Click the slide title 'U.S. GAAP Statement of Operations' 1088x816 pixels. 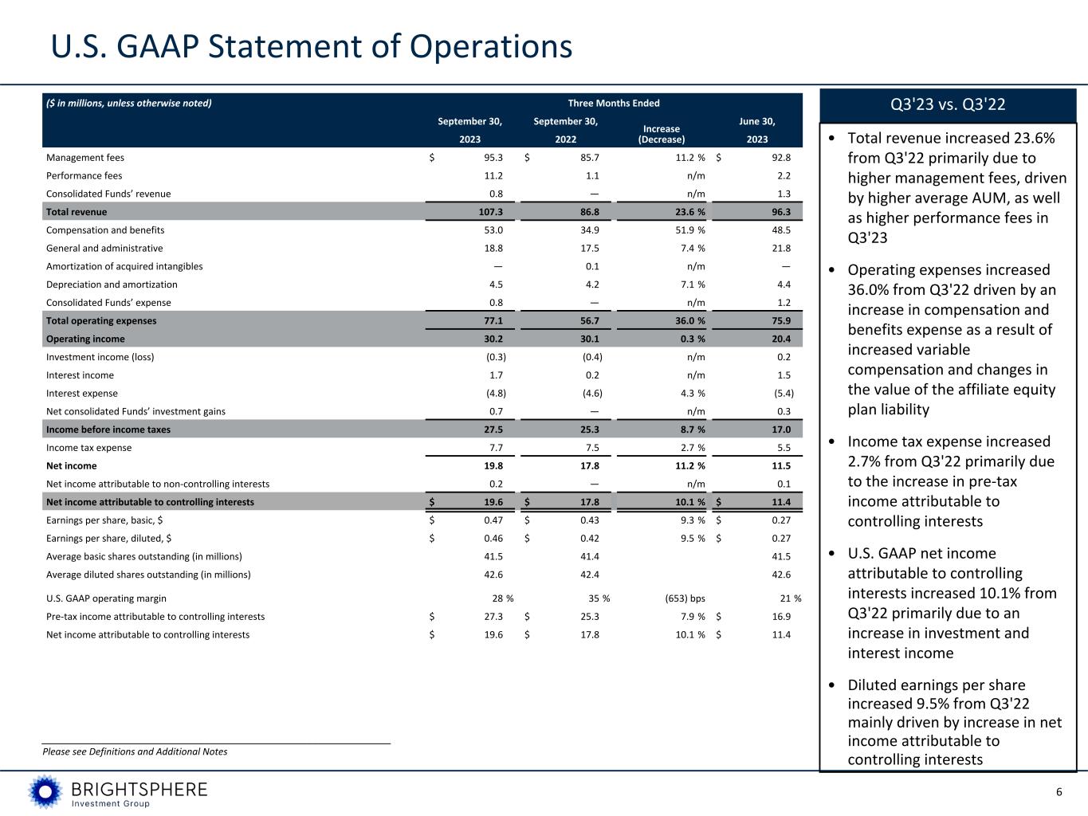[x=312, y=47]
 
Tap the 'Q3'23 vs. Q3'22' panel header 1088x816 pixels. [x=947, y=104]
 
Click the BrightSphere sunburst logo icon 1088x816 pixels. [x=45, y=791]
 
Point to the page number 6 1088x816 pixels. [x=1059, y=791]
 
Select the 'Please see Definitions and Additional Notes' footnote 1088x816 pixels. [x=135, y=751]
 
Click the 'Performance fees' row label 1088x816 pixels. [x=84, y=175]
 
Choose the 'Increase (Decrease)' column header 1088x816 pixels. [x=661, y=134]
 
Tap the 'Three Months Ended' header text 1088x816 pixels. [x=613, y=103]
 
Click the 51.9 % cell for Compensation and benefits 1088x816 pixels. [x=685, y=230]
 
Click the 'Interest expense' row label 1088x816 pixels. [x=82, y=393]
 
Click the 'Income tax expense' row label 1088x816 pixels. [x=89, y=448]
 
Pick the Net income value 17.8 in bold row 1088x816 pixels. [x=590, y=466]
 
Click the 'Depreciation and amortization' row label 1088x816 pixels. [x=112, y=284]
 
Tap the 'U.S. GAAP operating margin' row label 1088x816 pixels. [x=107, y=598]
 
